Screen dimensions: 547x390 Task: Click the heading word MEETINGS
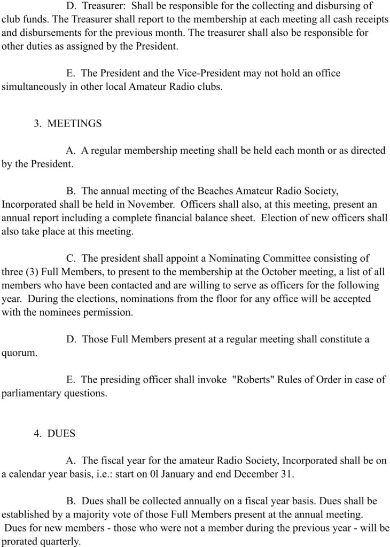74,123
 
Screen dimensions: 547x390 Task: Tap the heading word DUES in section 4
61,434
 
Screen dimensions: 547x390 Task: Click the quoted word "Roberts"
253,380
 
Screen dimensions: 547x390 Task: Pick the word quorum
19,353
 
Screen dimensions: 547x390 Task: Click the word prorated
20,541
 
